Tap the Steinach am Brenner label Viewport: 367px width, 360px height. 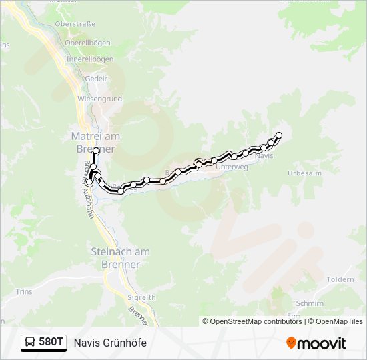pos(121,258)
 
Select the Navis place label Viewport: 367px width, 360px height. pos(264,155)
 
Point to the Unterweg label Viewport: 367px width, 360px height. pos(232,167)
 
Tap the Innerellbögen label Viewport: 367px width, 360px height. pos(89,59)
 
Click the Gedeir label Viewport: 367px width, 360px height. pos(96,77)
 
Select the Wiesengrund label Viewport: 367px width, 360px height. pos(99,99)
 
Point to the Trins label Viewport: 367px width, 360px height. pos(23,291)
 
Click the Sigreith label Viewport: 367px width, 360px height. pos(141,297)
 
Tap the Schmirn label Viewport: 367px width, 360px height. pos(310,303)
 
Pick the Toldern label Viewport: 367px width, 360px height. pos(341,279)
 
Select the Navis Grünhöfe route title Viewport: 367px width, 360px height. pos(110,343)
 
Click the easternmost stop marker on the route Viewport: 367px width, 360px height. pos(279,135)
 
